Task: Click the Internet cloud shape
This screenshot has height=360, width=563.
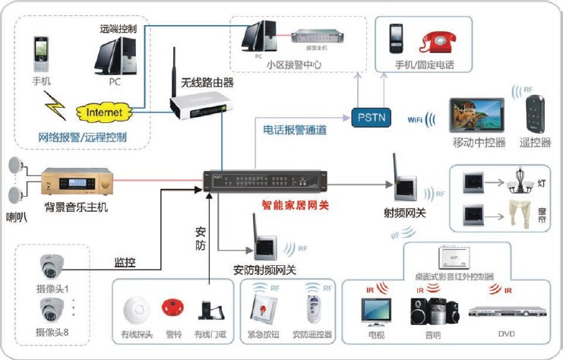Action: coord(103,113)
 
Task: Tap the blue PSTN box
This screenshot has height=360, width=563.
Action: coord(370,117)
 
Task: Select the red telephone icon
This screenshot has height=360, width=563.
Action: coord(438,41)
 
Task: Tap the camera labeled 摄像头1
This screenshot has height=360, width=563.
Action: coord(52,265)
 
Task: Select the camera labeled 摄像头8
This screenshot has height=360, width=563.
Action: coord(52,308)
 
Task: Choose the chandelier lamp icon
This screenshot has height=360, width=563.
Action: coord(519,182)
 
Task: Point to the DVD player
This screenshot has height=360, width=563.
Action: coord(499,311)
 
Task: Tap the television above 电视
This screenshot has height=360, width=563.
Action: coord(377,311)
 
